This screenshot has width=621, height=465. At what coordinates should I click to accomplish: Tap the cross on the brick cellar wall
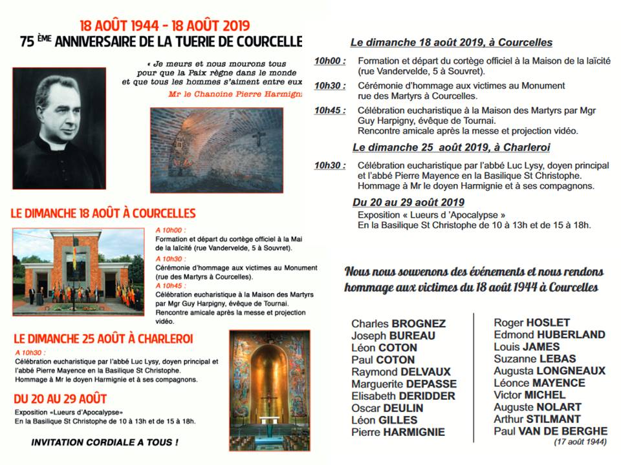click(259, 137)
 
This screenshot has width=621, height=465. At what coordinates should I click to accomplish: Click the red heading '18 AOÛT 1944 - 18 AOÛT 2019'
click(164, 26)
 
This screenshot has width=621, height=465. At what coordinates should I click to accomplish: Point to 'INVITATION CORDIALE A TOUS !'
click(105, 443)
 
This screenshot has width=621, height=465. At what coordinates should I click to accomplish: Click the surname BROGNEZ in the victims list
click(418, 324)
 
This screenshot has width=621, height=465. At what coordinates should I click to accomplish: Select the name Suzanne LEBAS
click(534, 358)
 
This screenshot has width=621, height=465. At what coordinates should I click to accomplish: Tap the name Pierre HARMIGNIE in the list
click(398, 432)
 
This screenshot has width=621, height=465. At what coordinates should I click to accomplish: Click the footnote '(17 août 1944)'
click(580, 442)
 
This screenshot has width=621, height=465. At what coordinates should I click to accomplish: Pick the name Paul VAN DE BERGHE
click(550, 431)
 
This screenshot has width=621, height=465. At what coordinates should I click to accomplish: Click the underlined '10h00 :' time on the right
click(330, 61)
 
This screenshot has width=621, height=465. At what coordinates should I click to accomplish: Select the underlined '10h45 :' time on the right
click(330, 110)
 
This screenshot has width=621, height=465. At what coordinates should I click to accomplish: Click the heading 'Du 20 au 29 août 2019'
click(409, 202)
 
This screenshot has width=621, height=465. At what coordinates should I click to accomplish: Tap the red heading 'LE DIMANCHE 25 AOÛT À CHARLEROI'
click(103, 338)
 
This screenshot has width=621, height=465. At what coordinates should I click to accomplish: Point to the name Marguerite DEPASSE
click(404, 384)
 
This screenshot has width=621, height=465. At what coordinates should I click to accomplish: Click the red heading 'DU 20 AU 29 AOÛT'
click(60, 398)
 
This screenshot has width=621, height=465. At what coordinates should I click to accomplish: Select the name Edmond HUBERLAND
click(549, 335)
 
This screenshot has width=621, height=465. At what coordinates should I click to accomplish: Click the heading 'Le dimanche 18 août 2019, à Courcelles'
click(452, 43)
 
